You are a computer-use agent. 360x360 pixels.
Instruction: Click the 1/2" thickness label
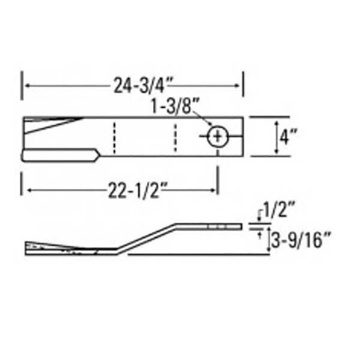[278, 209]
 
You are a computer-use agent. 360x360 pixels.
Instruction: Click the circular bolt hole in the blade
[218, 137]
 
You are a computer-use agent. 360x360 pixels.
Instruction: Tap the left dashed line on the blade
[114, 138]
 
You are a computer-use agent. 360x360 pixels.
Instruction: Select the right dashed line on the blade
[175, 137]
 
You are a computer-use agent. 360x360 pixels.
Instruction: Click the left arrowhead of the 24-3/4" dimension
[27, 86]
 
